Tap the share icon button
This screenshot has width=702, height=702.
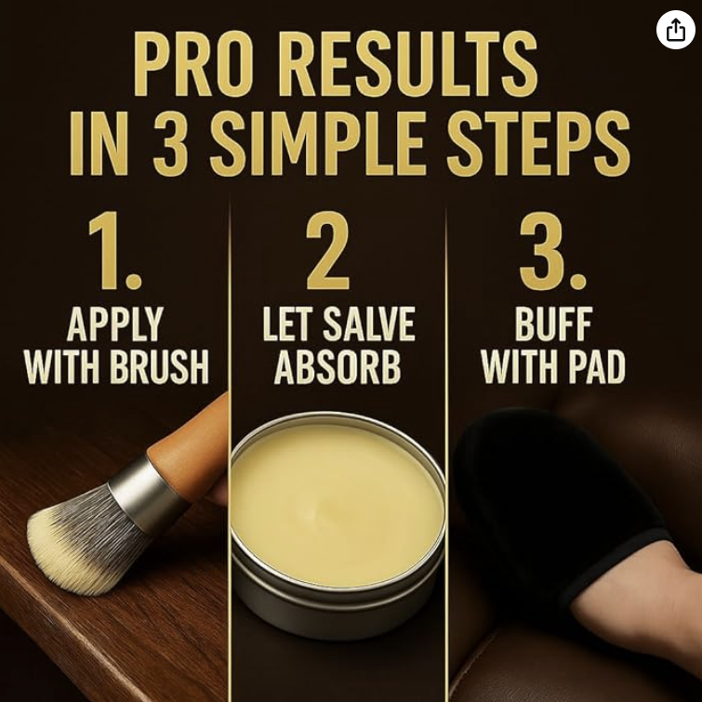[x=676, y=30]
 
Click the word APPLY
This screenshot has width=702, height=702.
[x=115, y=325]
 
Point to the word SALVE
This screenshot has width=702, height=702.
[x=369, y=325]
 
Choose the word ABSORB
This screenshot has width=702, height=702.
[x=338, y=366]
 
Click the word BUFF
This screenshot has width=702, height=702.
[x=554, y=325]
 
